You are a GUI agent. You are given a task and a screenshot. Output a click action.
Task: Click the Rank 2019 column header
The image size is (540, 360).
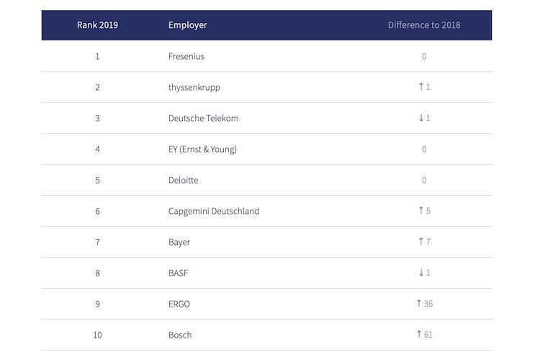tap(97, 25)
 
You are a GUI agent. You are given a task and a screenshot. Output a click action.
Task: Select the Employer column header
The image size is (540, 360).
tap(187, 25)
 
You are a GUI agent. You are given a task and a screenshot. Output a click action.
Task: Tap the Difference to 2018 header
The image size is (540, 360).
tap(424, 25)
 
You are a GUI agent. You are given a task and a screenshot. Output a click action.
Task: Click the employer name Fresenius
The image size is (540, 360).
tap(186, 56)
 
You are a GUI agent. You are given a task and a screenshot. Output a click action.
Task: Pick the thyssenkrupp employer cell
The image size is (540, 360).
tap(194, 87)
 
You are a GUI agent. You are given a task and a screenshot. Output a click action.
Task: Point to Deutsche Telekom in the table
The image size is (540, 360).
tap(203, 118)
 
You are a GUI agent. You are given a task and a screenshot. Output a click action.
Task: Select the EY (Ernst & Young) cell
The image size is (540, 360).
tap(202, 149)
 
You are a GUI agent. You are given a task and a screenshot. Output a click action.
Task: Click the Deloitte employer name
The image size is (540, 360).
tap(183, 180)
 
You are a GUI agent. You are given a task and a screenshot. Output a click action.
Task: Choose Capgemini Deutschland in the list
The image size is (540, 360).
tap(213, 211)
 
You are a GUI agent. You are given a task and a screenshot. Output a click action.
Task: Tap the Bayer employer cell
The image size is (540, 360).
tap(179, 242)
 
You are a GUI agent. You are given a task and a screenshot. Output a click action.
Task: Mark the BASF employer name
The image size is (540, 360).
tap(179, 273)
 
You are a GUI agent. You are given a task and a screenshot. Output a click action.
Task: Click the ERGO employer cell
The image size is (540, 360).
tap(179, 304)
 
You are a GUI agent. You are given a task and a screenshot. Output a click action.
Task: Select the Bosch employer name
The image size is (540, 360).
tap(180, 335)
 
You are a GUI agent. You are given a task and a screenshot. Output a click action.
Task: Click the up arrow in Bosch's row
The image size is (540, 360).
tap(418, 334)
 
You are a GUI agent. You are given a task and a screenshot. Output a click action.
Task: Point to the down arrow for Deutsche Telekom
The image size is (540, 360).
tap(421, 118)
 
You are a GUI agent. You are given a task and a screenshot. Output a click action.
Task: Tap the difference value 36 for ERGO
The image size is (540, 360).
tap(428, 304)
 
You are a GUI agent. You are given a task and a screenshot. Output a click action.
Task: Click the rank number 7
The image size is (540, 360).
tap(97, 242)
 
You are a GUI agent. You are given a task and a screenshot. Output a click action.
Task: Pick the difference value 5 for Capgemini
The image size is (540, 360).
tap(428, 211)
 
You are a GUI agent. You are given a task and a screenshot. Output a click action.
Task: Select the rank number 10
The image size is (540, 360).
tap(97, 335)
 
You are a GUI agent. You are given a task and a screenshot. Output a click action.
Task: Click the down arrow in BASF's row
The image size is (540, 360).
tap(421, 273)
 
